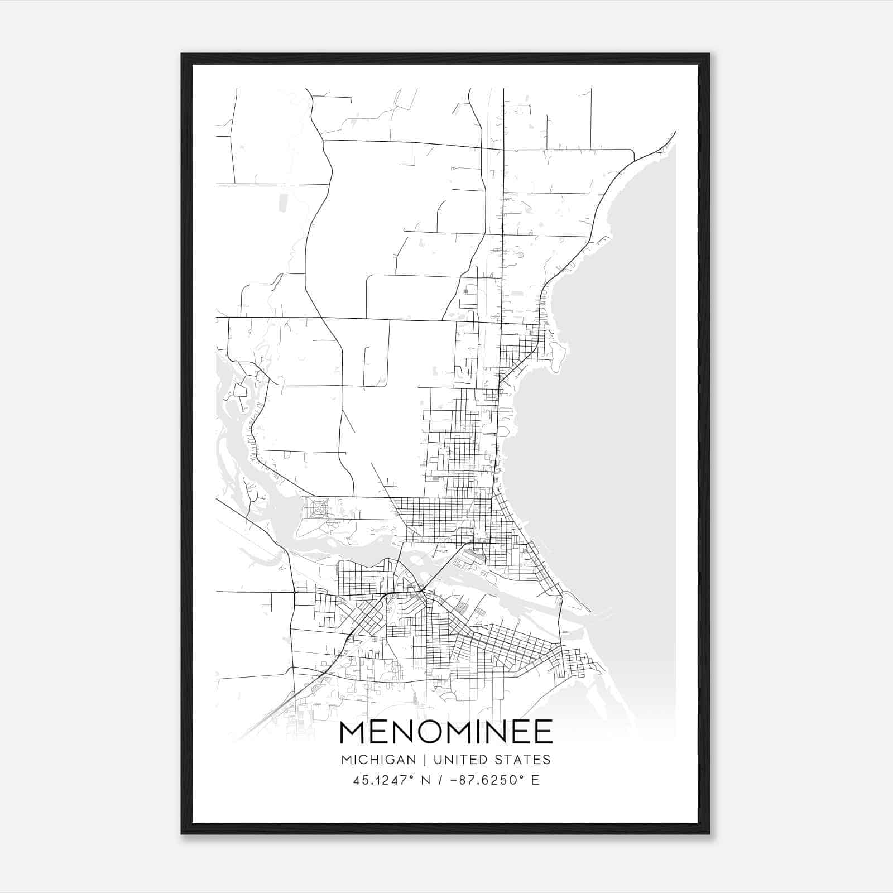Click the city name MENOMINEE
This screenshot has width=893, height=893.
click(x=446, y=732)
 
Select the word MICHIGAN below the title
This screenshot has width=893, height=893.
click(x=378, y=760)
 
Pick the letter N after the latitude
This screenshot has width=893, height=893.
click(x=426, y=780)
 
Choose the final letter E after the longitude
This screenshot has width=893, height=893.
click(x=535, y=780)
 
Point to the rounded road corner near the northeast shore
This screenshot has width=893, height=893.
click(x=631, y=152)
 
